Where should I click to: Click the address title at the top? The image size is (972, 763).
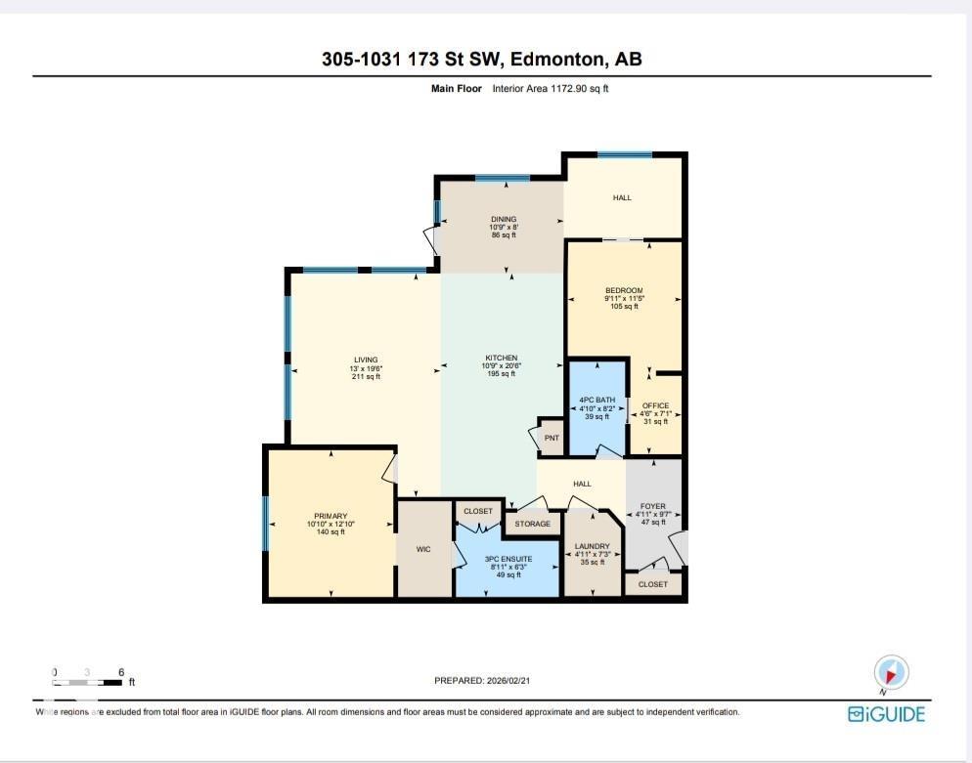481,60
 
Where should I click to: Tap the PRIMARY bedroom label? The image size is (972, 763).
331,516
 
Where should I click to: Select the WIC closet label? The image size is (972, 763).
423,549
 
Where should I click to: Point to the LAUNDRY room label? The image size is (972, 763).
593,546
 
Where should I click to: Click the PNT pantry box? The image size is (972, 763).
552,438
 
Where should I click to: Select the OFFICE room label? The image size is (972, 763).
654,405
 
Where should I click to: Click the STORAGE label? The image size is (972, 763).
533,524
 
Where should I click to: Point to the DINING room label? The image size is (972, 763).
503,219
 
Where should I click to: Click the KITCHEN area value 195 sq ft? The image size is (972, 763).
503,374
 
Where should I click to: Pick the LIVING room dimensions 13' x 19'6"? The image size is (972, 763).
366,367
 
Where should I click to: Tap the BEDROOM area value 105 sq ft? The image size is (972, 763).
624,307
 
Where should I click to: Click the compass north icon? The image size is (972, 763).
891,672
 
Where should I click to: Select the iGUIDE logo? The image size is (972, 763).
886,714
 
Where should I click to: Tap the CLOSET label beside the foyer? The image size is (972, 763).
652,584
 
